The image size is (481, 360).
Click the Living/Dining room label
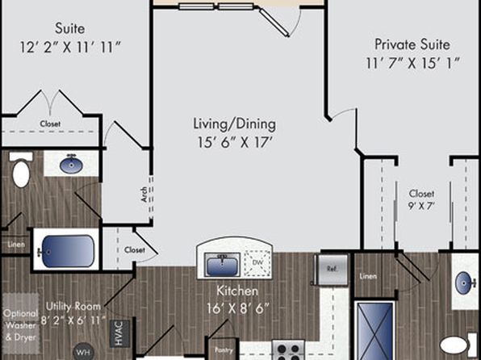[234, 124]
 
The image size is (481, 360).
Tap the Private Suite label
[412, 44]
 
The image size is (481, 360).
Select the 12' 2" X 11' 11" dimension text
[70, 48]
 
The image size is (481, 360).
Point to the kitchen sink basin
[222, 264]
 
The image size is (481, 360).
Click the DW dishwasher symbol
[257, 262]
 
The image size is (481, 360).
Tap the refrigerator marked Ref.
[333, 269]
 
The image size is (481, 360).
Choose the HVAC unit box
[119, 333]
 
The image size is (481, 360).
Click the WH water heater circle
[83, 351]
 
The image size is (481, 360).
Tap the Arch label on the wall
[144, 195]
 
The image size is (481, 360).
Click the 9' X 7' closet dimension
[421, 206]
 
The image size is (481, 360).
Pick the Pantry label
[224, 350]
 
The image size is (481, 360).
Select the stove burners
[288, 350]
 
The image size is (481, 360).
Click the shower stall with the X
[374, 331]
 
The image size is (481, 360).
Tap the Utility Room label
[73, 306]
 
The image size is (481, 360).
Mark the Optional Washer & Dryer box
[21, 324]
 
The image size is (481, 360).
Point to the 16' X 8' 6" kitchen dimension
[238, 308]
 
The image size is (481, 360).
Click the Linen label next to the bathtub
[16, 245]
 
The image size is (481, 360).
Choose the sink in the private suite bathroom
[466, 283]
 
